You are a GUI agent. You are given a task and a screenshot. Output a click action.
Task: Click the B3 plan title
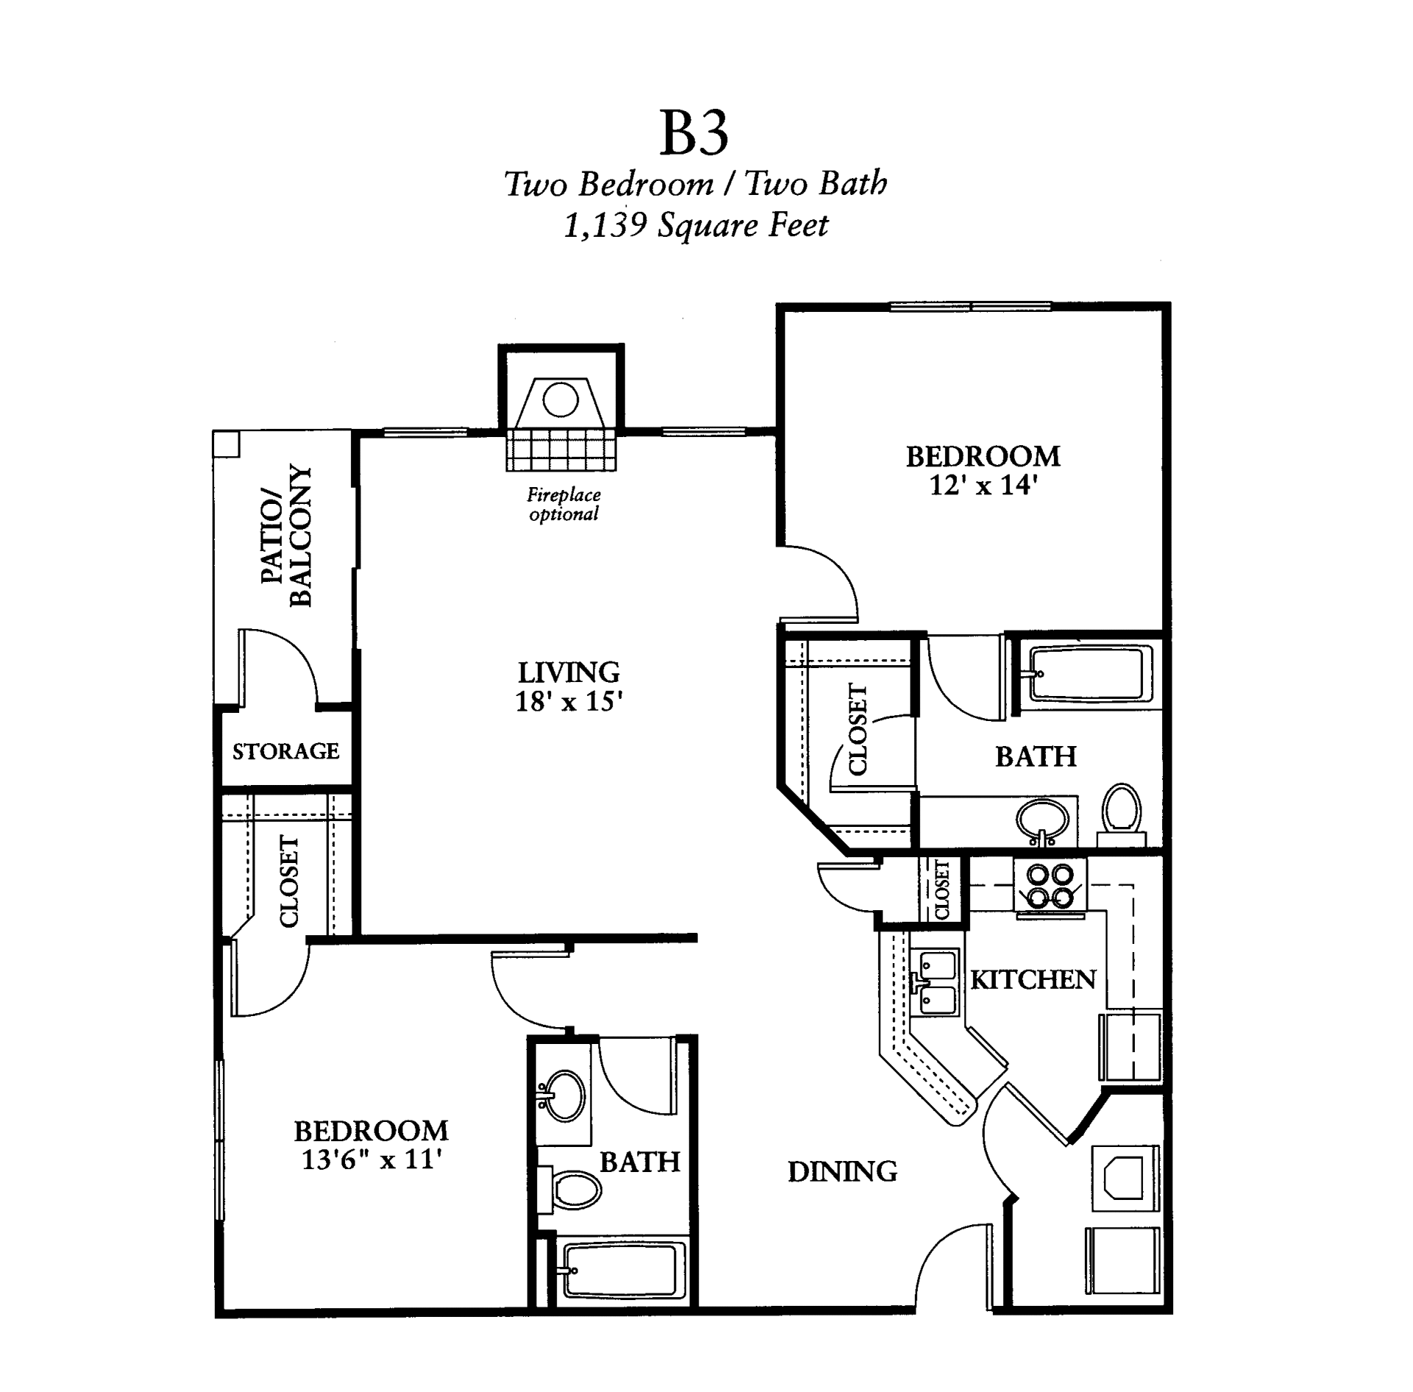(x=694, y=134)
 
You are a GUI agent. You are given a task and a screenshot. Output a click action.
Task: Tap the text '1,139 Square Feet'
(x=695, y=225)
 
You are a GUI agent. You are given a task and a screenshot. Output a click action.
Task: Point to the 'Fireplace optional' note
(x=564, y=504)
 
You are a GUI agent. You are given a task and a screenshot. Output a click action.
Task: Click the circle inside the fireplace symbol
(x=561, y=401)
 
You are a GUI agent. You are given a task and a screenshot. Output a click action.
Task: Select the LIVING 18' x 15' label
(x=568, y=686)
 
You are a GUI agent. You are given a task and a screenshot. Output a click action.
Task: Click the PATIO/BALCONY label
(x=287, y=535)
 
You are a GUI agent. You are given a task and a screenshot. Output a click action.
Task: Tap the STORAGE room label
(x=286, y=751)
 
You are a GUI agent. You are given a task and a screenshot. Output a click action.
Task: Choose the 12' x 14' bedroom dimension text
(x=983, y=486)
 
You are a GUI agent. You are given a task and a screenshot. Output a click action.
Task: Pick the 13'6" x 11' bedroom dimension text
(x=371, y=1160)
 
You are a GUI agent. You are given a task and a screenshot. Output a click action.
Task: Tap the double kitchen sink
(x=937, y=982)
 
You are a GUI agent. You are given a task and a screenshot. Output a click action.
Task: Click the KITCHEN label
(x=1033, y=980)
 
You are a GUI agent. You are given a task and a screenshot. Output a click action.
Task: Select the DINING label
(x=843, y=1171)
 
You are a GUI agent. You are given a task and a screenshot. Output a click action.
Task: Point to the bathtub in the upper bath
(x=1086, y=673)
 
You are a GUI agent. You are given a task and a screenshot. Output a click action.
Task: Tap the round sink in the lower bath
(x=563, y=1096)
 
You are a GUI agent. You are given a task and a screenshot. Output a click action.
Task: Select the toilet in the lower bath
(x=574, y=1189)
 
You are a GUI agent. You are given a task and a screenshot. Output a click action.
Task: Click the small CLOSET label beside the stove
(x=942, y=889)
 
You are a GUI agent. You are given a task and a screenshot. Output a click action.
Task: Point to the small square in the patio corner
(x=226, y=443)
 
